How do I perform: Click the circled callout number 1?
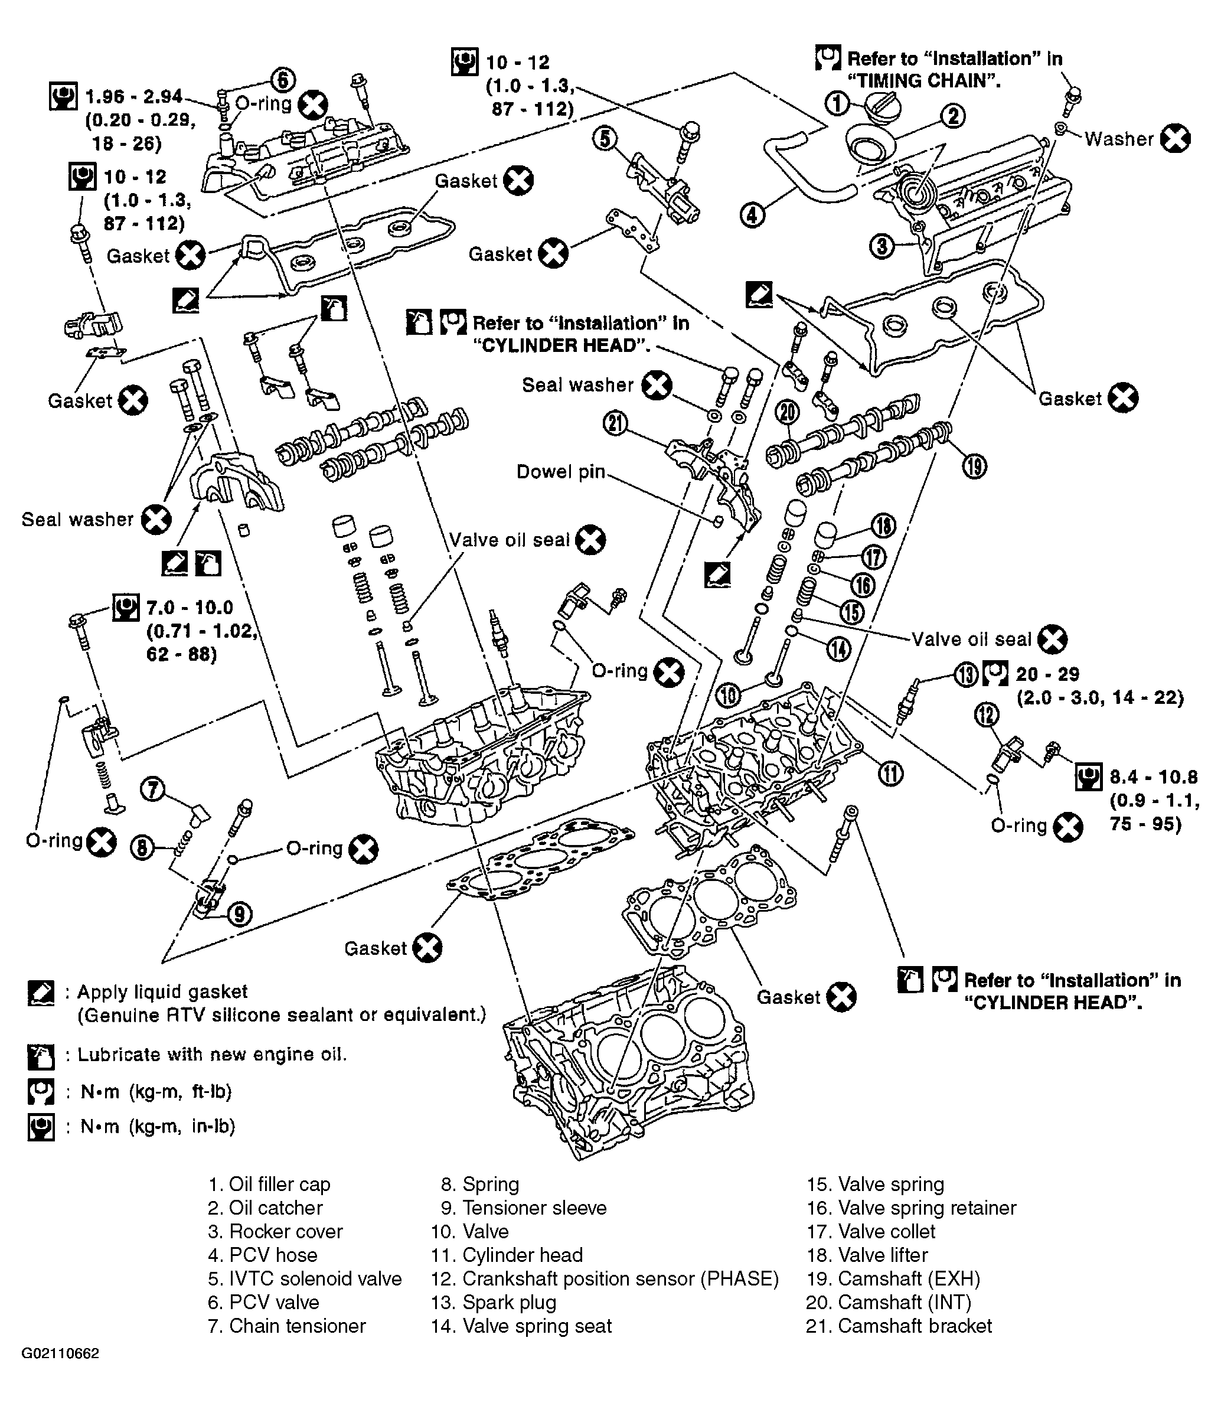tap(837, 103)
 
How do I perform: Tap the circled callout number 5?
tap(605, 139)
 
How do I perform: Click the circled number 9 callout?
tap(239, 913)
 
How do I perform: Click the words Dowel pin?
tap(561, 472)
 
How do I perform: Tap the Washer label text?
tap(1119, 139)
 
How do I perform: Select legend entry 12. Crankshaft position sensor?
tap(605, 1278)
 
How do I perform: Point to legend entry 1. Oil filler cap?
tap(269, 1185)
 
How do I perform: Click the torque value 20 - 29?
tap(1048, 674)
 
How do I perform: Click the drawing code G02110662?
tap(60, 1372)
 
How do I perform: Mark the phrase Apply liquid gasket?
tap(162, 992)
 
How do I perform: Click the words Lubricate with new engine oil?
tap(212, 1055)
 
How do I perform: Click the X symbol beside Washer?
tap(1176, 138)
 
